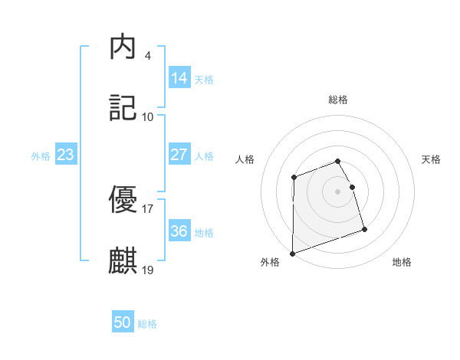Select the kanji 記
coord(123,108)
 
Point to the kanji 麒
coord(123,260)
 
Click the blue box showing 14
coord(179,77)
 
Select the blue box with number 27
coord(179,154)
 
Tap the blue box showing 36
coord(179,231)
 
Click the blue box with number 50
coord(123,322)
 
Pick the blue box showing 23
coord(66,155)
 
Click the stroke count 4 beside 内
coord(147,56)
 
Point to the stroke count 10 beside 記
coord(148,116)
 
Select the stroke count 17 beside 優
coord(148,208)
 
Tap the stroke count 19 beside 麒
coord(148,269)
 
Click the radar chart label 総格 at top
coord(338,100)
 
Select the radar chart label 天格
coord(432,159)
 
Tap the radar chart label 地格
coord(402,263)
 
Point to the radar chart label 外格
coord(270,263)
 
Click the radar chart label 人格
coord(245,159)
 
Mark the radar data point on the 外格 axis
coord(292,253)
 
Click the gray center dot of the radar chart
coord(338,191)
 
